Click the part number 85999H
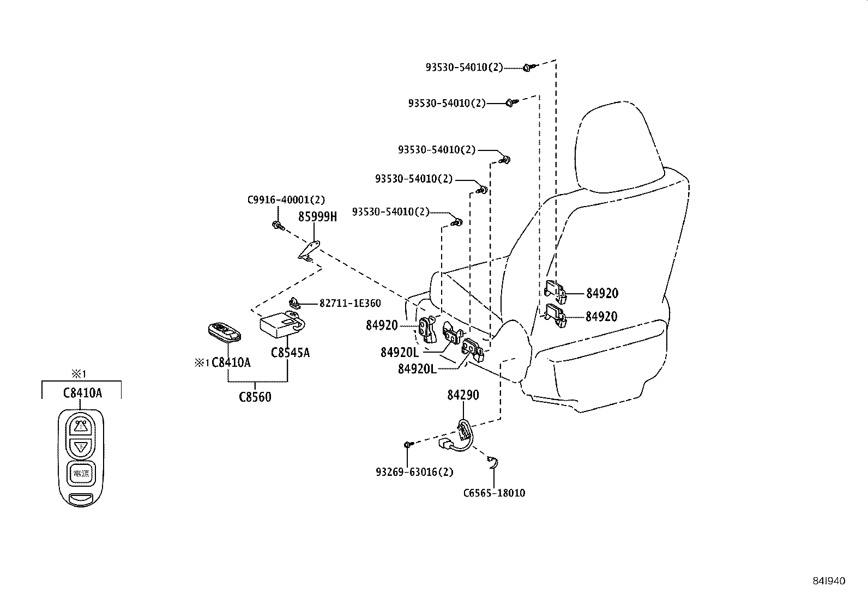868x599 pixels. coord(317,217)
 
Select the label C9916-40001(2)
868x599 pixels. coord(286,200)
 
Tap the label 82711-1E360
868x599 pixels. coord(349,304)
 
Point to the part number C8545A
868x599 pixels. coord(290,353)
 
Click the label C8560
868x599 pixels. coord(255,397)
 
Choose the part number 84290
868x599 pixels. coord(463,395)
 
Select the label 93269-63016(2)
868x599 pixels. coord(414,472)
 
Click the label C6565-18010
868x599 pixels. coord(494,493)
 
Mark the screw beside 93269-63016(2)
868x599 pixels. coord(408,445)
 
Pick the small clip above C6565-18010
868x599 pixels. coord(493,462)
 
